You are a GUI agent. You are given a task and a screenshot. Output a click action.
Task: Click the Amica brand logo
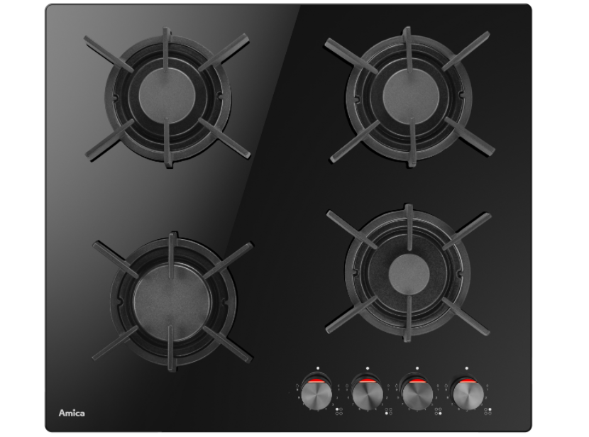tap(72, 413)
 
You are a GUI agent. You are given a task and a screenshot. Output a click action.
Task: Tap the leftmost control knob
tap(317, 394)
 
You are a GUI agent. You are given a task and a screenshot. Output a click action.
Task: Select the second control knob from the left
tap(368, 394)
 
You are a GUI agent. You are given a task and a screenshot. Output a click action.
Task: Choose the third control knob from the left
tap(418, 394)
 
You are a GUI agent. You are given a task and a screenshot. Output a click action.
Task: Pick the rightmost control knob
tap(468, 394)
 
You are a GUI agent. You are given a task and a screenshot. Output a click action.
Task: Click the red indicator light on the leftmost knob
tap(317, 382)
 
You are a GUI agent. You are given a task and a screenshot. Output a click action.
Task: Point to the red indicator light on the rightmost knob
tap(468, 382)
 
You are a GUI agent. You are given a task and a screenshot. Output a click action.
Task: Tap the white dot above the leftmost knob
tap(318, 368)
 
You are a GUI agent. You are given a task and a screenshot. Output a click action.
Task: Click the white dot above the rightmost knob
tap(467, 368)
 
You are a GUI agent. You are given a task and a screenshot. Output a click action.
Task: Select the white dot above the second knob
tap(368, 368)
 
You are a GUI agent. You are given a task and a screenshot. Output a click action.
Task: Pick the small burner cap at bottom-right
tap(409, 273)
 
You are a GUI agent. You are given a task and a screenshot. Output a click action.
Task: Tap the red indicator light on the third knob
tap(418, 382)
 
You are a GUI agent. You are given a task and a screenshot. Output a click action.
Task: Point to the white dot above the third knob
tap(417, 368)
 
